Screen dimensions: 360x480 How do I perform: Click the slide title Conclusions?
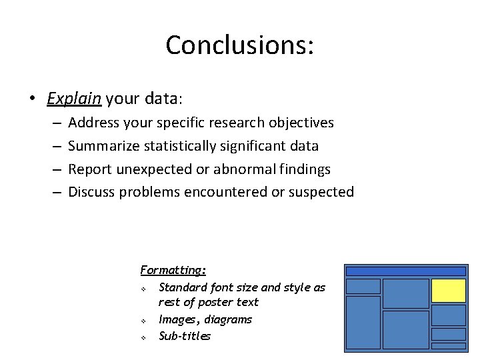tap(239, 45)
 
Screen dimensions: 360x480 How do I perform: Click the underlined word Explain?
tap(73, 99)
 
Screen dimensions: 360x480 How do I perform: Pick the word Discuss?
tap(91, 192)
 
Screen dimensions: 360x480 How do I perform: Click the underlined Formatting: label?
tap(173, 270)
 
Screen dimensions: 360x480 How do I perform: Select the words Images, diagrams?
tap(205, 319)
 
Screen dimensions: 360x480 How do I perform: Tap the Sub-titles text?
tap(185, 336)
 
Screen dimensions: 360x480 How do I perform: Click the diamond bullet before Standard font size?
tap(143, 289)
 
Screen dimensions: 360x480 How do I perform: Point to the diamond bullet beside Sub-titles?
tap(143, 337)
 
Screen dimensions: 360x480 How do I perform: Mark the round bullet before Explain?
tap(32, 99)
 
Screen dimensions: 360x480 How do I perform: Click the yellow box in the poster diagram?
tap(448, 291)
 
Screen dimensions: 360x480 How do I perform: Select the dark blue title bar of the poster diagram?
tap(405, 271)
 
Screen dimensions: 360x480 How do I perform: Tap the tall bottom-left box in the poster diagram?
tap(363, 323)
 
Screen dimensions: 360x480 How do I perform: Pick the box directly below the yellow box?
tap(448, 315)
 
